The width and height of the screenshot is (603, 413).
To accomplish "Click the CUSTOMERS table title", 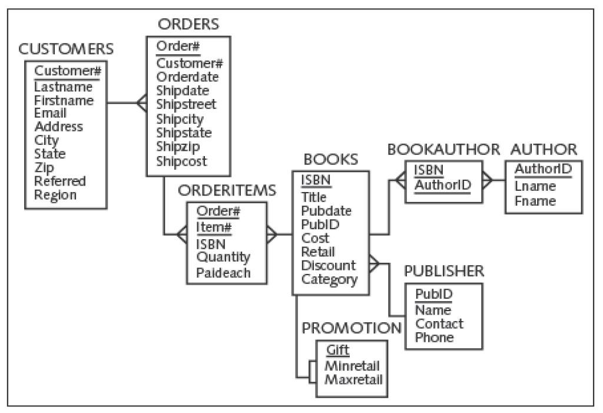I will [x=66, y=49].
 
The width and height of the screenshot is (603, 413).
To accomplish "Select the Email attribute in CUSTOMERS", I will [x=51, y=113].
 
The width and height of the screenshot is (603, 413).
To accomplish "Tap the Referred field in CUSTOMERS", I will [x=60, y=181].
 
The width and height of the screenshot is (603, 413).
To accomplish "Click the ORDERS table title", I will [x=188, y=24].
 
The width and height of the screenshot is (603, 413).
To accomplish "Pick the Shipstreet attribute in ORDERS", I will [x=186, y=105].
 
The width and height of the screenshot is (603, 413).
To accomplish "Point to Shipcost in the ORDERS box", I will [x=182, y=161].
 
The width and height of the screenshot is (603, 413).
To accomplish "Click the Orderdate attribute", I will [x=187, y=77].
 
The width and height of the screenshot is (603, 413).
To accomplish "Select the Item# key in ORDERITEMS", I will [x=214, y=227].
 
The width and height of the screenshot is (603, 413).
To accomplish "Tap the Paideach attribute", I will [x=223, y=273].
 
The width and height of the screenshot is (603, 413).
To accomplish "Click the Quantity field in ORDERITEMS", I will [x=223, y=257].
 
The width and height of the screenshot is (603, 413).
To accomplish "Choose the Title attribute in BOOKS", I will [x=313, y=197].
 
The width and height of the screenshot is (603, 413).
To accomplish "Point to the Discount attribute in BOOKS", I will [x=328, y=266].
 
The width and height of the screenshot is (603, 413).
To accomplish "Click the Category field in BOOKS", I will [x=329, y=279].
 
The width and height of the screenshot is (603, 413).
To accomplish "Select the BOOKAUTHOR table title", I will [x=443, y=149].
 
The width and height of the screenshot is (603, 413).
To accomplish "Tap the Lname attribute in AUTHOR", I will [x=535, y=187].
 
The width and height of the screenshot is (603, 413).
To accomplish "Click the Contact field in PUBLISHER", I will [x=439, y=324].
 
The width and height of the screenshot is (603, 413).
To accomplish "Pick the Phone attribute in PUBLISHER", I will [x=435, y=338].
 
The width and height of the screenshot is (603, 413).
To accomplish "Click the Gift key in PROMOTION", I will [x=338, y=351].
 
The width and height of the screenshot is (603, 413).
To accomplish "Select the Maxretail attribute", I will [x=353, y=378].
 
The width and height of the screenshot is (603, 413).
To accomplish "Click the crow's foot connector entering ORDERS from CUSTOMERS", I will [x=141, y=103].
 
